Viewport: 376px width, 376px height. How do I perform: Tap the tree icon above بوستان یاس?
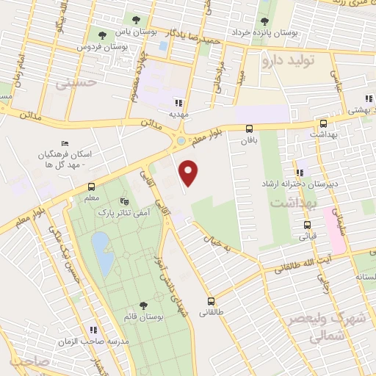coord(137,19)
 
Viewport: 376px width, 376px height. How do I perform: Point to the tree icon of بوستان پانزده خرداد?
coord(264,21)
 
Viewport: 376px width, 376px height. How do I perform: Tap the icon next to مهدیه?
coord(178,102)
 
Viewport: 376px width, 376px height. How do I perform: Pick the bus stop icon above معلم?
coord(91,187)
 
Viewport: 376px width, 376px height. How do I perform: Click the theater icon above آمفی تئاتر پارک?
coord(124,199)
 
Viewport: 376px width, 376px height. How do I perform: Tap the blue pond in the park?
coord(102,253)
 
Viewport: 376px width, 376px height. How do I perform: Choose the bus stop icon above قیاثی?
coord(307,225)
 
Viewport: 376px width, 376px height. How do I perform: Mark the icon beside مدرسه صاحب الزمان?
coord(93,330)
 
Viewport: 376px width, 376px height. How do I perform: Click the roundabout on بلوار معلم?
coord(181,140)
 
